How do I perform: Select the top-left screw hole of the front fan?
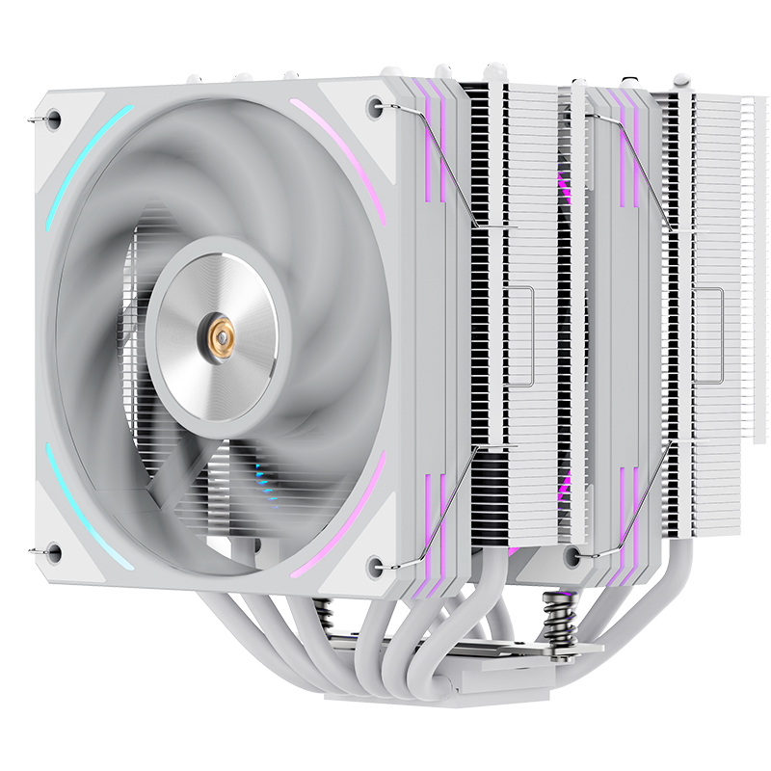54,119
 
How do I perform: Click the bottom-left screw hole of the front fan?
54,552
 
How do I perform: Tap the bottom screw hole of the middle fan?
574,554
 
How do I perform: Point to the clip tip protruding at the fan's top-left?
34,118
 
